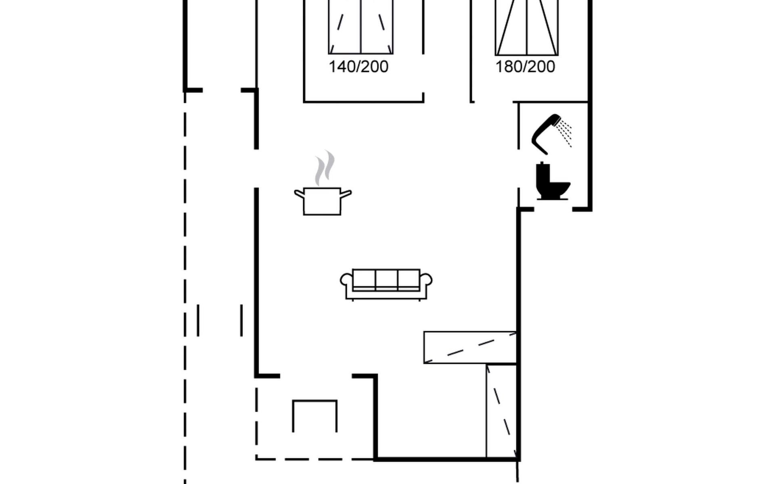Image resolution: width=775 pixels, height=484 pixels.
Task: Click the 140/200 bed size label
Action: tap(358, 67)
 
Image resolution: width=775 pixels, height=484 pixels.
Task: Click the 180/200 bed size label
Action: tap(525, 67)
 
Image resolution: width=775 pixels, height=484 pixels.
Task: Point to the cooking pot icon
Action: tap(323, 201)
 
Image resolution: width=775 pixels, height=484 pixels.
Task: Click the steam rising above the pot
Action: tap(325, 168)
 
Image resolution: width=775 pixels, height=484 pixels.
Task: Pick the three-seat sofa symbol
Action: tap(386, 284)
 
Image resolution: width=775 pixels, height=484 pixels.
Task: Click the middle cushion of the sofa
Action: tap(386, 279)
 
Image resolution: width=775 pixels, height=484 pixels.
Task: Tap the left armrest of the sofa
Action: tap(346, 280)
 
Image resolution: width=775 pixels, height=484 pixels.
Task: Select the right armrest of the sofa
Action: tap(426, 280)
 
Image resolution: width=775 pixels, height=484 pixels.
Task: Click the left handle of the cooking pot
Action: tap(299, 194)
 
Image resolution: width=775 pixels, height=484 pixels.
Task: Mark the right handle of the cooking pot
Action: tap(346, 194)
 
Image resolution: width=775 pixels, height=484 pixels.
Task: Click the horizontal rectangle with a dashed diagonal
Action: tap(470, 347)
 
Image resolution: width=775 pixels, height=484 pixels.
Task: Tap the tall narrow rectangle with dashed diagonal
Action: tap(501, 411)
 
